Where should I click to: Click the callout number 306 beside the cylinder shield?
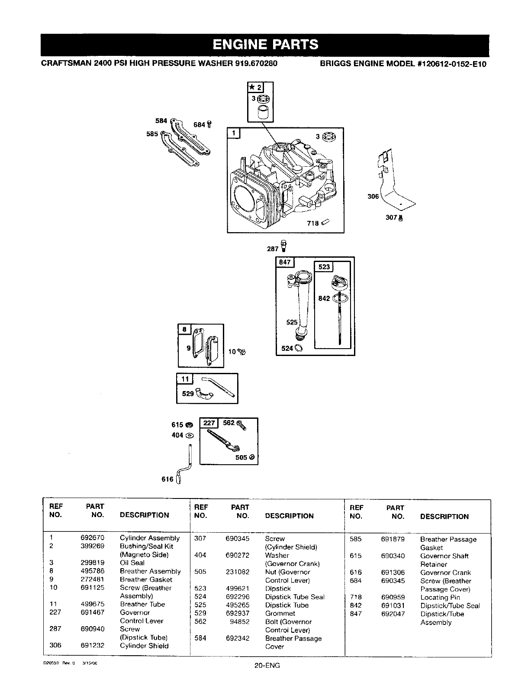(x=373, y=197)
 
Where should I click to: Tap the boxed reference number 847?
(x=285, y=262)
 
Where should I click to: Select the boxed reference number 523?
(x=324, y=267)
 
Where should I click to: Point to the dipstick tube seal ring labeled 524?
(x=299, y=348)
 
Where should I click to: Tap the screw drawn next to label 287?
(x=284, y=246)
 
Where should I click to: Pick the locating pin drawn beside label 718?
(x=325, y=223)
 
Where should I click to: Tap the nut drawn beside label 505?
(x=252, y=457)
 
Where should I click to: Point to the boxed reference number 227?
(x=209, y=423)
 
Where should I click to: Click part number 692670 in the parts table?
(x=92, y=538)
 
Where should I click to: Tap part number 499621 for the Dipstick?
(x=237, y=589)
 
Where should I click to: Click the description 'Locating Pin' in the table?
(x=440, y=597)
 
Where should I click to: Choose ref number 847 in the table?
(x=355, y=614)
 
